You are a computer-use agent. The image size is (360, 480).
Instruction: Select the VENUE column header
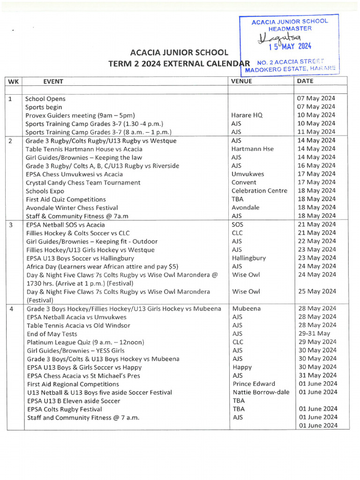tap(241, 81)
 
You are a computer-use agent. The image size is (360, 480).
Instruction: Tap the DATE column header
tap(305, 81)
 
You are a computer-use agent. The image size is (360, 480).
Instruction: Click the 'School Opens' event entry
tap(45, 99)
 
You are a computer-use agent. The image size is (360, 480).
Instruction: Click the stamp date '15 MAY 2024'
tap(289, 46)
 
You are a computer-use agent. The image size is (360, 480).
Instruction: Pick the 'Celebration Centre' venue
tap(259, 191)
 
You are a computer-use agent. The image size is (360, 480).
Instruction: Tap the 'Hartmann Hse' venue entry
tap(253, 149)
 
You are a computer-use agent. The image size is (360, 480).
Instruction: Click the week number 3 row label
tap(11, 225)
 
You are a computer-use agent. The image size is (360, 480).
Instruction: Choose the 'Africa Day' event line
tap(102, 266)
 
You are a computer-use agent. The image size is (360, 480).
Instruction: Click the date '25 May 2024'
tap(317, 292)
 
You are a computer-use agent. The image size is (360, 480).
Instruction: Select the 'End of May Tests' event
tap(52, 334)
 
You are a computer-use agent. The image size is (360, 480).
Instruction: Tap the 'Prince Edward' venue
tap(254, 384)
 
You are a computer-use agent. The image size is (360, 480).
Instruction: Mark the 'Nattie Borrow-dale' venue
tap(261, 392)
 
